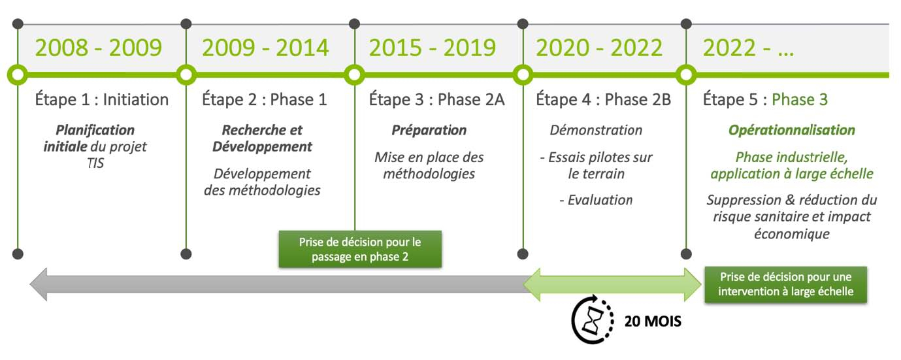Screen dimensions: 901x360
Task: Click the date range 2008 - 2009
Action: point(99,48)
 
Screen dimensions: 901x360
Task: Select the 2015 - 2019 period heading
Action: point(433,48)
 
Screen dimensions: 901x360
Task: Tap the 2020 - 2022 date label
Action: point(599,48)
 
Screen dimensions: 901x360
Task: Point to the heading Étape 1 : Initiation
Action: point(102,99)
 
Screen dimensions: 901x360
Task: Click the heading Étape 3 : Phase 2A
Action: point(437,99)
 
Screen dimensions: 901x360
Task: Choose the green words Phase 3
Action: point(800,99)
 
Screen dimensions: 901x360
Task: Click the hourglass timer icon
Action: point(593,319)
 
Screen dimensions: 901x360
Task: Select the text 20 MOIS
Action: point(653,321)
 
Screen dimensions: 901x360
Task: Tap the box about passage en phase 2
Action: point(360,249)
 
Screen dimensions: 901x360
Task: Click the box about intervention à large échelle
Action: point(785,284)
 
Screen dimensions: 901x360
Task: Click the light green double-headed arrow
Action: point(612,284)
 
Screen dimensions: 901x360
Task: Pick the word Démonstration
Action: point(596,130)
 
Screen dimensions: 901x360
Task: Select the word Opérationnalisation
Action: point(792,130)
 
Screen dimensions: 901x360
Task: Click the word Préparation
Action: point(429,130)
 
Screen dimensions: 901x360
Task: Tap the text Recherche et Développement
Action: point(262,138)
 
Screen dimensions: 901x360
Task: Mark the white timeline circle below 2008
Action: point(18,75)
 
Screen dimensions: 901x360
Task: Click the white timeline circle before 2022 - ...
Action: point(686,75)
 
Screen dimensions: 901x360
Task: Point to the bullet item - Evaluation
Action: point(596,200)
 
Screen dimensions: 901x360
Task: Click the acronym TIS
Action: point(95,163)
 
